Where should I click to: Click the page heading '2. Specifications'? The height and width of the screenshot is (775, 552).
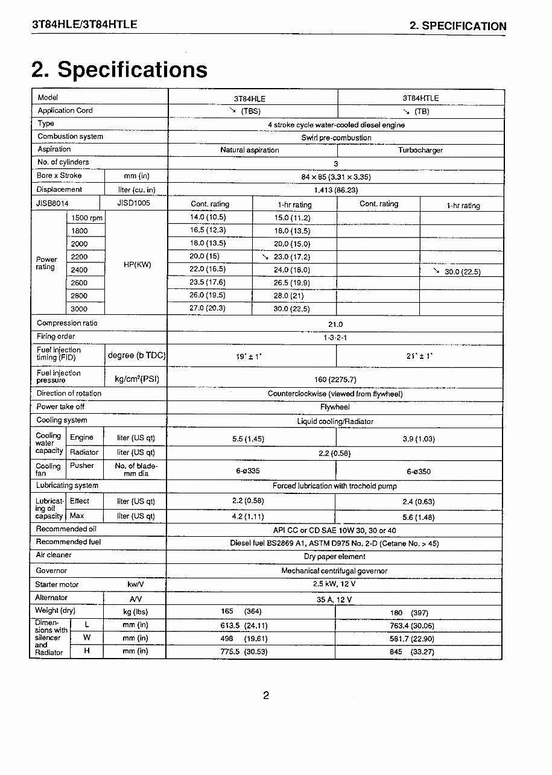119,69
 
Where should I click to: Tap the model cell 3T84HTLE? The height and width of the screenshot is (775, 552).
420,98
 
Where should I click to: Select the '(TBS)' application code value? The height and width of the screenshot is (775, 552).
250,112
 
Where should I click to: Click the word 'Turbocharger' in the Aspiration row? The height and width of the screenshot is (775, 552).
420,150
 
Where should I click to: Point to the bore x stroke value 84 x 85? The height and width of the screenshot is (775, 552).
335,177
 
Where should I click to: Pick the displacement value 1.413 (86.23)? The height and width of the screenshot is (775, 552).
335,190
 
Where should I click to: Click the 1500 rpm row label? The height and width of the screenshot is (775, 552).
87,218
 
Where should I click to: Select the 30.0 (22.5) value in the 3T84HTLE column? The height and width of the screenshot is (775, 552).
462,272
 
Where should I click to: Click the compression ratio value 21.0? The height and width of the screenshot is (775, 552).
335,324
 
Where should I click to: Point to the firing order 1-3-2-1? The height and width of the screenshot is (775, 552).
335,338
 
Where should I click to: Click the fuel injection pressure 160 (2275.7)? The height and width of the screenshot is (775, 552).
335,379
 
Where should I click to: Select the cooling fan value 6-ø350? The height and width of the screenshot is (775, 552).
419,472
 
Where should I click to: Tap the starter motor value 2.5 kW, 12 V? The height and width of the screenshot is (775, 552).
334,584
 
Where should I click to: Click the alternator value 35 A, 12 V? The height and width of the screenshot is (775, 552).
334,599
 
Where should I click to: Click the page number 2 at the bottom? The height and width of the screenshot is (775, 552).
266,695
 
